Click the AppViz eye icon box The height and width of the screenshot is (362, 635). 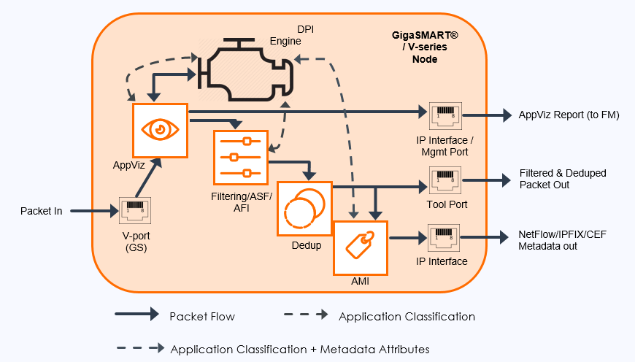click(160, 128)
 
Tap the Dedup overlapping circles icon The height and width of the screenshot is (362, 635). click(304, 209)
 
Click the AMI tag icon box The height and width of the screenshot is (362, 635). click(360, 246)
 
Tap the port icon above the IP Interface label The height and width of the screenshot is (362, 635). click(443, 238)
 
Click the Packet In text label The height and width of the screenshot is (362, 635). click(41, 212)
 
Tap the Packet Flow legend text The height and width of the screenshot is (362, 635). click(202, 316)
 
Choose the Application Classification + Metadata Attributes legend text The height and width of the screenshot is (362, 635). click(299, 349)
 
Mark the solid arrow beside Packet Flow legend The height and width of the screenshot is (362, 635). click(136, 315)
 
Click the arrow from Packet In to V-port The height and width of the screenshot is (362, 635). click(92, 212)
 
